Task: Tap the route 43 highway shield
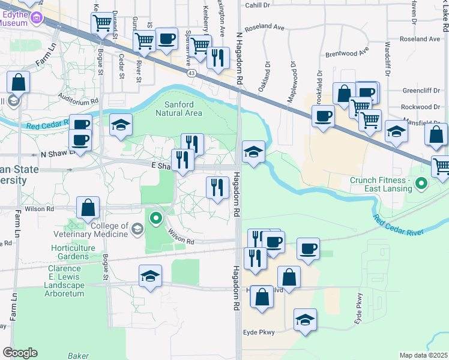[191, 73]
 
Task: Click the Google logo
[20, 353]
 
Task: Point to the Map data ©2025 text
[423, 355]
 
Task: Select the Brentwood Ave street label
[346, 53]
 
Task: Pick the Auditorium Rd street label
[78, 98]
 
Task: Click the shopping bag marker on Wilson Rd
[88, 208]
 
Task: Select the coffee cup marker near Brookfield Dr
[323, 116]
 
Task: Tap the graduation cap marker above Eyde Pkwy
[306, 319]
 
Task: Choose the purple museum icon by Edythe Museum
[37, 18]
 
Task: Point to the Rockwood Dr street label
[420, 107]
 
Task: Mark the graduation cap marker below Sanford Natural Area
[121, 125]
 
